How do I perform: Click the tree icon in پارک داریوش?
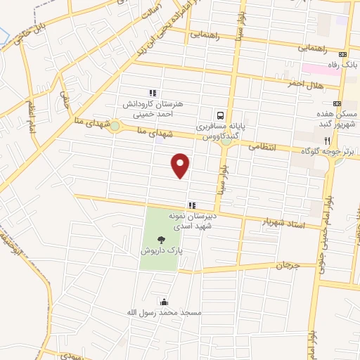163,240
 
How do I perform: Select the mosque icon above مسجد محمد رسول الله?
164,301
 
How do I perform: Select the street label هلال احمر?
305,83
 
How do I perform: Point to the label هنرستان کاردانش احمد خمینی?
152,108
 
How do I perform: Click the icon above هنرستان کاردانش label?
150,92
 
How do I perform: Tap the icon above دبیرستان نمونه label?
191,205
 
